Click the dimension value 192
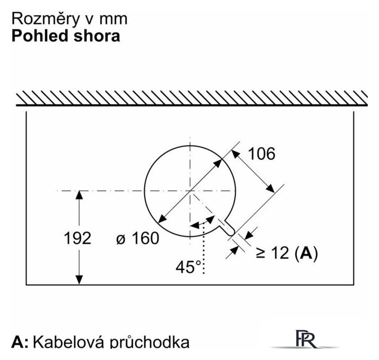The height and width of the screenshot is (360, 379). (x=78, y=238)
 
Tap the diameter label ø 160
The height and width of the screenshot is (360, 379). (x=137, y=238)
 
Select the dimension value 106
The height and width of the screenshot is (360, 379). (x=262, y=154)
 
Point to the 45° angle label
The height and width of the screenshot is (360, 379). (x=188, y=267)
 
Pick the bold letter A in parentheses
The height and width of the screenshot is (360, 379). (x=306, y=253)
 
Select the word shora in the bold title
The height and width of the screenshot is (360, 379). (x=97, y=36)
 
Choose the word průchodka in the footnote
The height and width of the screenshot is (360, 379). (x=149, y=343)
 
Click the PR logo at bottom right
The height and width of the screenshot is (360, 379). (x=306, y=339)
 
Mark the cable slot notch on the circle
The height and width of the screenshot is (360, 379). (x=226, y=226)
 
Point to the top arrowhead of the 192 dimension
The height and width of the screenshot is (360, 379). (x=79, y=195)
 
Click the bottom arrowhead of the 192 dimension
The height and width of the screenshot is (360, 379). (x=79, y=280)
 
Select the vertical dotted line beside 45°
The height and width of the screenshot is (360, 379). (x=204, y=247)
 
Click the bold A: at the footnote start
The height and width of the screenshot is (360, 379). (x=20, y=341)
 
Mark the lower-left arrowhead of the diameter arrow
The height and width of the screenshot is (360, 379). (x=162, y=219)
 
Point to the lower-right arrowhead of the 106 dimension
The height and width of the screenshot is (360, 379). (x=271, y=188)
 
